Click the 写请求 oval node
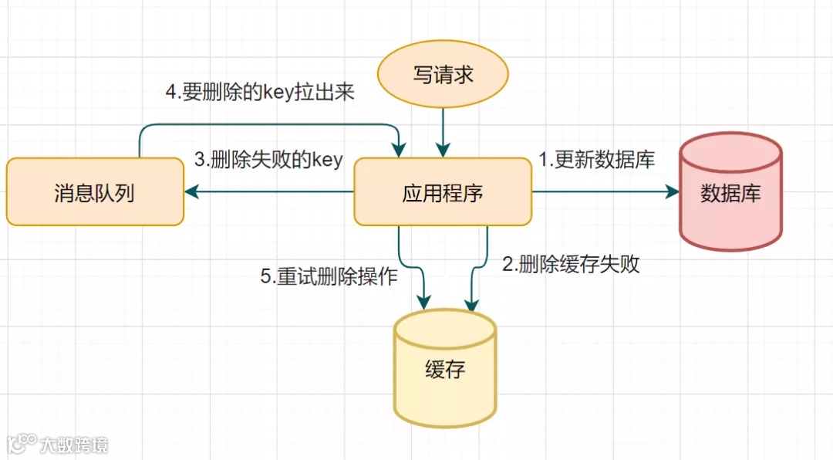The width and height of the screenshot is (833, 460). click(443, 75)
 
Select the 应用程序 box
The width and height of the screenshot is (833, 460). click(443, 192)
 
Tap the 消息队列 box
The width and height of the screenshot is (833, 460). click(95, 192)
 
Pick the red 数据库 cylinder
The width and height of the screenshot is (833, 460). click(730, 192)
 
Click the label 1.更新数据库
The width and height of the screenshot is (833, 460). click(596, 160)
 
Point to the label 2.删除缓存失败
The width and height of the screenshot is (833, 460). click(571, 265)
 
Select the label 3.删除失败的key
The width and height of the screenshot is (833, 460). click(268, 160)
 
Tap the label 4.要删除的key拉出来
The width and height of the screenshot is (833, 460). click(260, 92)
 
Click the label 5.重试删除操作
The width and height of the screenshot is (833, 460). click(329, 276)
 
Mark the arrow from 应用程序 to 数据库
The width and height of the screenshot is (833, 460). click(602, 192)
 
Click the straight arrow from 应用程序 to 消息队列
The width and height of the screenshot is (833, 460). click(270, 192)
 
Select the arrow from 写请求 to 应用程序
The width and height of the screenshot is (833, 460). click(443, 131)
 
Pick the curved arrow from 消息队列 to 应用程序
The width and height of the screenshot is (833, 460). click(270, 124)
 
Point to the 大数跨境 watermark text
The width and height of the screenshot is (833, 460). click(75, 444)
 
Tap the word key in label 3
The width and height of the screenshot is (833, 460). click(326, 161)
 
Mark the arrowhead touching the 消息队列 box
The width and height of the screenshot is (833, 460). click(190, 192)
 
